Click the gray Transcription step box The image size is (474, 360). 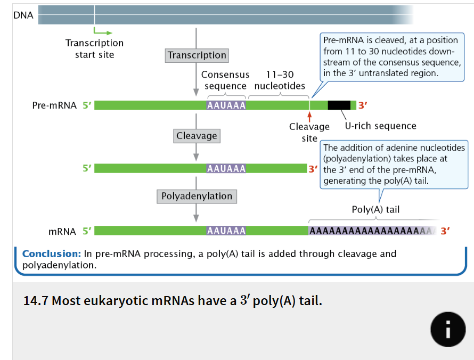tap(197, 55)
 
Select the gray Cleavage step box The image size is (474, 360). tap(197, 136)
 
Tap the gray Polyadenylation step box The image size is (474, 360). tap(197, 196)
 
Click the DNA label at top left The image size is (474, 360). tap(23, 15)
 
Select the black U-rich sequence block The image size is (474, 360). tap(339, 105)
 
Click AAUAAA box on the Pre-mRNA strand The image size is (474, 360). tap(226, 105)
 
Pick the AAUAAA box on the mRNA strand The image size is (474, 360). tap(226, 231)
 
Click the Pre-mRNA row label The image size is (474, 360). tap(54, 105)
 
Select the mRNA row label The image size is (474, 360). tap(62, 231)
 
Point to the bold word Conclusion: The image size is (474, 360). tap(51, 253)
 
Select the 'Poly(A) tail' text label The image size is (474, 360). tap(375, 209)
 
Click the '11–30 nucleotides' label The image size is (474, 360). tap(280, 80)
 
